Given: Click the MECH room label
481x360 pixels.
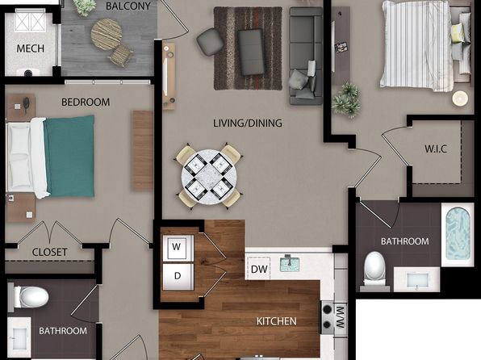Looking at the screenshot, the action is coord(30,48).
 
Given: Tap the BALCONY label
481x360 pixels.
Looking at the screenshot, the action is coord(128,6).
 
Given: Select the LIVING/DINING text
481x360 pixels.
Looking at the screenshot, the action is coord(248,123).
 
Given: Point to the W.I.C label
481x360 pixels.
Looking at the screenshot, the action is coord(436,149).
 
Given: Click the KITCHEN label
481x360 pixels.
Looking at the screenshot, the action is coord(276,321).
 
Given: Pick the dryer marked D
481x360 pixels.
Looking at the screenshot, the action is coord(178,277).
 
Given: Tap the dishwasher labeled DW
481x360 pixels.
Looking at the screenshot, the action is coord(258,269).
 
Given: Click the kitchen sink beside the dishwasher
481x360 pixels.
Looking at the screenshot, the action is coord(289,264).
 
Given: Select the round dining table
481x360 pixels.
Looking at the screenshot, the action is coord(209,177).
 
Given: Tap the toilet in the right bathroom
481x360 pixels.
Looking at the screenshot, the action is coord(374,268).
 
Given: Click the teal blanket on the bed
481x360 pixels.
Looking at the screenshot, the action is coord(69,157).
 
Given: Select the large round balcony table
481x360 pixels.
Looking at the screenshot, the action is coord(107,34).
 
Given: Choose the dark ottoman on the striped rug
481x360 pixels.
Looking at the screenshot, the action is coord(251,52).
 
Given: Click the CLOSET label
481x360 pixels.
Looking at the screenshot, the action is coord(50,253).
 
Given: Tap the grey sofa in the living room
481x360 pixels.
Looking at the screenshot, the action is coord(306,56).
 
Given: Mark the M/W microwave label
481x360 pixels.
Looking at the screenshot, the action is coord(341,316).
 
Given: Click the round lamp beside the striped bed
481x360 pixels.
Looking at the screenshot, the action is coord(460,98).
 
